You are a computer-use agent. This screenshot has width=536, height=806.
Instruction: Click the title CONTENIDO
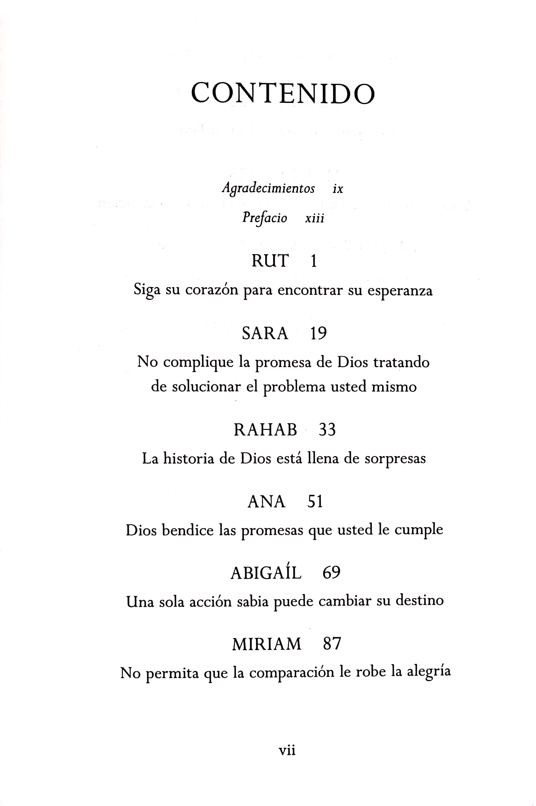[x=283, y=93]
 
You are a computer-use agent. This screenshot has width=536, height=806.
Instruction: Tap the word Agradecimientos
[x=268, y=188]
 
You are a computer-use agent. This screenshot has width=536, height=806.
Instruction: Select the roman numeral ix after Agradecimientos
[x=338, y=189]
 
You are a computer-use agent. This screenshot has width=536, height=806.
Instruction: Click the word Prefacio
[x=265, y=218]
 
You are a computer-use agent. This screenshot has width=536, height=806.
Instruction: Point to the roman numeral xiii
[x=314, y=218]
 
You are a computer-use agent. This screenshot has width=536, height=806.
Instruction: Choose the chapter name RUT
[x=270, y=261]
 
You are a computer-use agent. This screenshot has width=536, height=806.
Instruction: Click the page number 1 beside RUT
[x=314, y=261]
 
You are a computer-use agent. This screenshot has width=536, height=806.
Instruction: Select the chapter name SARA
[x=265, y=333]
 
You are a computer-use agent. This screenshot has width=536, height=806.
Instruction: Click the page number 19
[x=318, y=333]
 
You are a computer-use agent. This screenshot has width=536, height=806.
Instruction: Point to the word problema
[x=294, y=387]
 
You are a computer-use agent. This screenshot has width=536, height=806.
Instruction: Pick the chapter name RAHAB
[x=265, y=430]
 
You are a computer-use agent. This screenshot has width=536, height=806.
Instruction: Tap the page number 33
[x=327, y=430]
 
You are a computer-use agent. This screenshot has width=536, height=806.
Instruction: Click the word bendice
[x=188, y=530]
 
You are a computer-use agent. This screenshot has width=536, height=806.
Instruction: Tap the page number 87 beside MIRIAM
[x=332, y=644]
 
